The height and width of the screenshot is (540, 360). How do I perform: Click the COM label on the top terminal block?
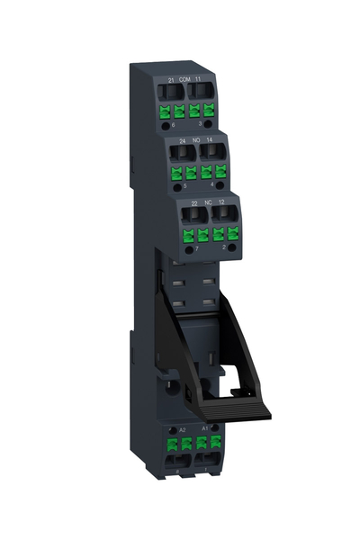(x=185, y=81)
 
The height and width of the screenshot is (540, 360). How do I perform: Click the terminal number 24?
(x=181, y=140)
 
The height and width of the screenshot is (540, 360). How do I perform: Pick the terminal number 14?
(x=209, y=140)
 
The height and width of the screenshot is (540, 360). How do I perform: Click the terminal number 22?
(x=193, y=203)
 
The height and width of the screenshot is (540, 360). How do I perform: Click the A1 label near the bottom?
(x=205, y=428)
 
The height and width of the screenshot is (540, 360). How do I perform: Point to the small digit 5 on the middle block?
(x=184, y=186)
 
